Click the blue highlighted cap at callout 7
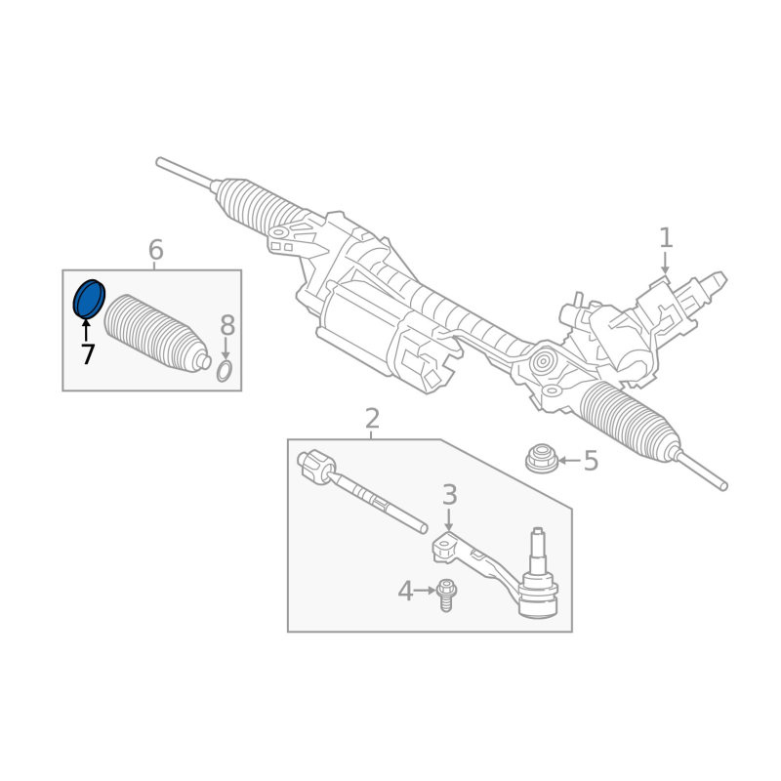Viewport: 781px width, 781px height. click(x=89, y=299)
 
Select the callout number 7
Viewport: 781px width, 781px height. click(x=88, y=354)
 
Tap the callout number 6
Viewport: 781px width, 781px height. click(x=156, y=250)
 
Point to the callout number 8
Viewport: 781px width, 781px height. click(x=227, y=326)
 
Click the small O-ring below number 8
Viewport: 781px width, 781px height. click(x=225, y=372)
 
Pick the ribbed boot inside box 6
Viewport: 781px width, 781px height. click(x=156, y=334)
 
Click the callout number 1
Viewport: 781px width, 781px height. click(x=666, y=237)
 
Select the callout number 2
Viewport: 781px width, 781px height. click(x=372, y=419)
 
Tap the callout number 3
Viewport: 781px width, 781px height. click(x=449, y=495)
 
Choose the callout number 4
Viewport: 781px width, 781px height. click(x=405, y=592)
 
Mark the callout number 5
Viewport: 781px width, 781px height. click(x=591, y=461)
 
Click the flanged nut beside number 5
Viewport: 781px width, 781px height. click(x=542, y=458)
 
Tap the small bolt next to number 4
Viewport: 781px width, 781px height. click(x=446, y=595)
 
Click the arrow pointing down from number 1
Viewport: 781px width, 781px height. click(x=665, y=263)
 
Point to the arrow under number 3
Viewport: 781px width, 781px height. click(x=449, y=520)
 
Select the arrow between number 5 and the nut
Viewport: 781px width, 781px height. click(x=569, y=461)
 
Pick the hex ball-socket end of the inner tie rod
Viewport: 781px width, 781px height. click(x=315, y=467)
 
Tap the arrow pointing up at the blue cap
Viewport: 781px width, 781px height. click(x=86, y=330)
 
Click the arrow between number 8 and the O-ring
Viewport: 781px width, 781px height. click(x=226, y=349)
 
